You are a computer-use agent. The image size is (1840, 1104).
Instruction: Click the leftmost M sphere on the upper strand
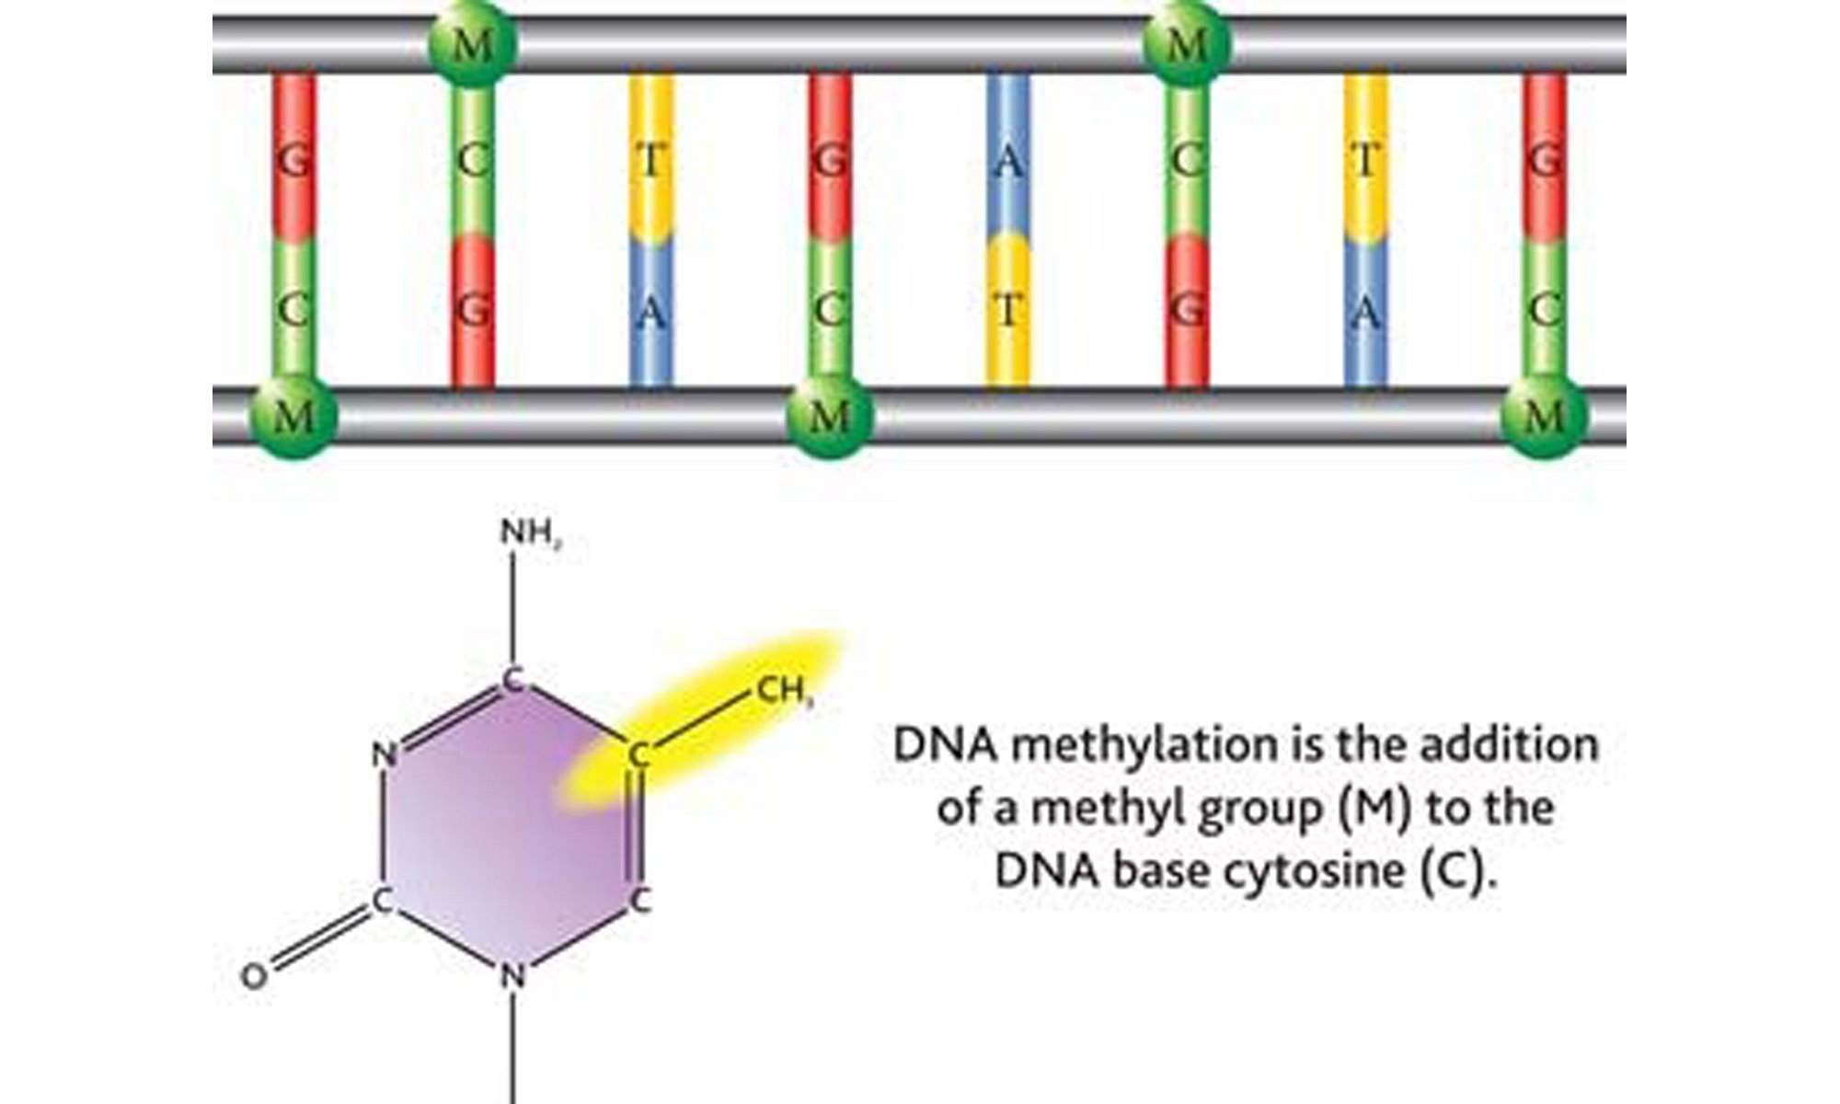[473, 43]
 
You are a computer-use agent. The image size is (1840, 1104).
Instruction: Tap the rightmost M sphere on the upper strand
[1187, 43]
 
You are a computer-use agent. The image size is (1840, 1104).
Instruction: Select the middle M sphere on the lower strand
[830, 416]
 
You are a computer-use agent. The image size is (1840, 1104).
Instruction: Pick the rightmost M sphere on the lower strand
[1545, 416]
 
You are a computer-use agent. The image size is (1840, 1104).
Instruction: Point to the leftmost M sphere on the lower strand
[293, 416]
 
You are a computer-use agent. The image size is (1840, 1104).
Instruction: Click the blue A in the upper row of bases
[1008, 162]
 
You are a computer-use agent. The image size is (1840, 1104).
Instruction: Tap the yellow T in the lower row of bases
[1008, 311]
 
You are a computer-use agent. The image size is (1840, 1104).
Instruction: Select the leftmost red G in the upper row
[293, 162]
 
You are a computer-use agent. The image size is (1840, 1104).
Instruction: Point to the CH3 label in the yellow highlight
[785, 690]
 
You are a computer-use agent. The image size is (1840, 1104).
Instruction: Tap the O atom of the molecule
[254, 976]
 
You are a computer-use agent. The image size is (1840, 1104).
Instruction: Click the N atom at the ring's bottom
[513, 975]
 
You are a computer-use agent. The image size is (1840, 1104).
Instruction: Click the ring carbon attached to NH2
[513, 682]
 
